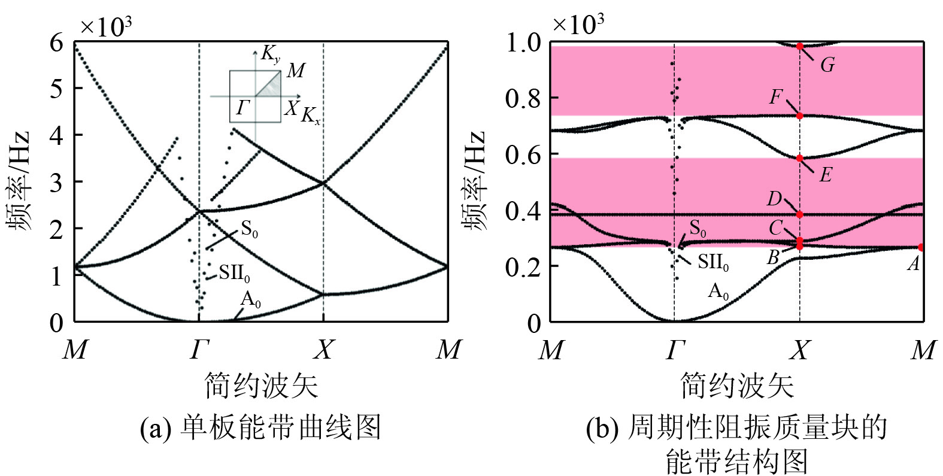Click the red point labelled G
(799, 46)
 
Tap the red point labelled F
(799, 116)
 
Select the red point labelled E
(799, 159)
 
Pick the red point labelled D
(799, 214)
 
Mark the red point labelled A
(921, 247)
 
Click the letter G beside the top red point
(827, 65)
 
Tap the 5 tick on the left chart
(56, 89)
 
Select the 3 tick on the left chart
(56, 183)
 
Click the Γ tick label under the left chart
(199, 349)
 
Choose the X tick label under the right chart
(800, 349)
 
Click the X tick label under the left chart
(323, 349)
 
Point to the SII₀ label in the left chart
(234, 274)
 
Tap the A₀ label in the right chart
(718, 292)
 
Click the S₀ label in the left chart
(250, 229)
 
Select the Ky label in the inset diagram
(270, 54)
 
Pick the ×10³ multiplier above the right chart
(577, 25)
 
